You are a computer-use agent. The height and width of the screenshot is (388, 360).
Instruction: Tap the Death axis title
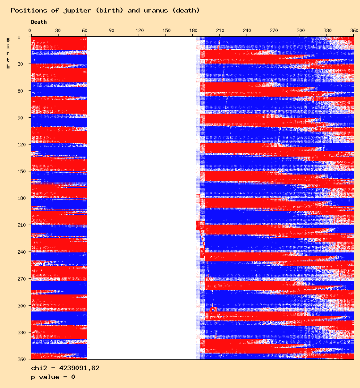click(38, 22)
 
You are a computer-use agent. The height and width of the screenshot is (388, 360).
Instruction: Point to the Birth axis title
click(8, 53)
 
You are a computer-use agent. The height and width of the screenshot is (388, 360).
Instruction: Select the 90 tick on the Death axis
click(112, 30)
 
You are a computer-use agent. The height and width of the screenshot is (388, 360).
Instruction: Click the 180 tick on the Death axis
click(193, 30)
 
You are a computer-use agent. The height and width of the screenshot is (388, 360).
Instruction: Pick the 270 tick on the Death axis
click(274, 30)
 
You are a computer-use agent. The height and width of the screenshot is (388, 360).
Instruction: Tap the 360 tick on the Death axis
click(354, 30)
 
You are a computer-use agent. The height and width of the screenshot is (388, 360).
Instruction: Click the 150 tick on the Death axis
click(166, 30)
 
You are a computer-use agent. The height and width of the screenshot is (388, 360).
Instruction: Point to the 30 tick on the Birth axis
click(21, 64)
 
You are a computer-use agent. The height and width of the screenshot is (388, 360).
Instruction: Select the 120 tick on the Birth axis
click(20, 145)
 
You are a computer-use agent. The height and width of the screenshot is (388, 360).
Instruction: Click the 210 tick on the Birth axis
click(20, 225)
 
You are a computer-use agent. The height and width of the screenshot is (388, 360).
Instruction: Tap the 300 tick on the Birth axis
click(20, 306)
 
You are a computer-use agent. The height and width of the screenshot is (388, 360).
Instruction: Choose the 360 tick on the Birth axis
click(20, 359)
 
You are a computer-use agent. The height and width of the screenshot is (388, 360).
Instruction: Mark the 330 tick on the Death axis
click(327, 30)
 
